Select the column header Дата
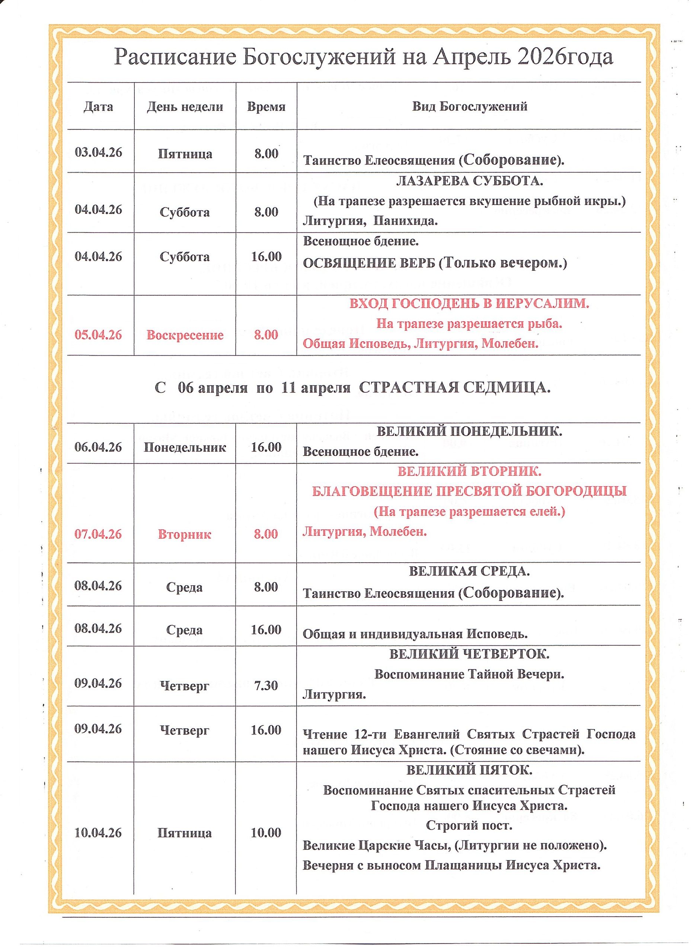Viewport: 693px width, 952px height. (98, 107)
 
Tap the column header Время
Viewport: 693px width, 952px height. (266, 107)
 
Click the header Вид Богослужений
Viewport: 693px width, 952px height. (469, 106)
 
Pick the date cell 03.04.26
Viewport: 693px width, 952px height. (98, 152)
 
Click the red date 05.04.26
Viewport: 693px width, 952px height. (98, 335)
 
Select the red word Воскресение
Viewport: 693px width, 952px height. (185, 335)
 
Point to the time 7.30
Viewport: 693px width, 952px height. (266, 685)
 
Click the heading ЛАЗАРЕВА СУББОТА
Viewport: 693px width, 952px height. (469, 181)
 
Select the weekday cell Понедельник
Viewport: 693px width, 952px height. (185, 447)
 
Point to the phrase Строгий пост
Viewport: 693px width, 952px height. (469, 826)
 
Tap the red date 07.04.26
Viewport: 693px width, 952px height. (98, 534)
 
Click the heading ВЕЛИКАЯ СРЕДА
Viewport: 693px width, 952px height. (469, 571)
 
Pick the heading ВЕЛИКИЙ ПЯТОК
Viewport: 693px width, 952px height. (469, 770)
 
